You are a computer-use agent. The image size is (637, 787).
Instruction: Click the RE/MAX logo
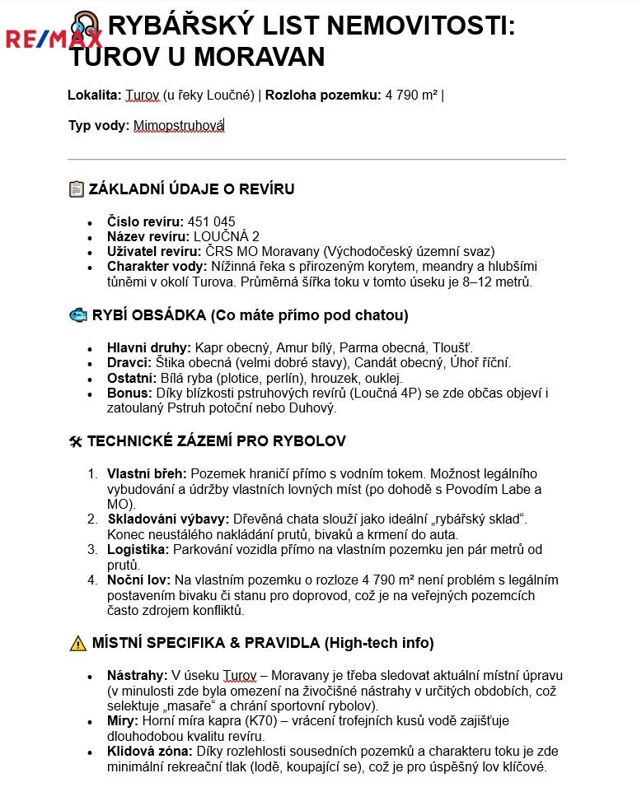[x=54, y=39]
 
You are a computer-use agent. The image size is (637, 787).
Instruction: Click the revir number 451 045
[x=212, y=222]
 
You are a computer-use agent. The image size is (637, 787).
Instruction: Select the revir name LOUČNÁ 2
[x=226, y=237]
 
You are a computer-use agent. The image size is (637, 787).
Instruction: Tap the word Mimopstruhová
[x=179, y=126]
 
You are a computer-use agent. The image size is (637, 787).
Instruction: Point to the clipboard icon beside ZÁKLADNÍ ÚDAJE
[x=77, y=189]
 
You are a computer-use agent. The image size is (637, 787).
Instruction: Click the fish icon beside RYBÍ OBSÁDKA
[x=77, y=315]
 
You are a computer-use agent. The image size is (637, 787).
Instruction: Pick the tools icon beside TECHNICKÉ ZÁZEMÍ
[x=76, y=442]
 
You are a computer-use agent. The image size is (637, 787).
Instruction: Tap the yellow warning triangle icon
[x=77, y=643]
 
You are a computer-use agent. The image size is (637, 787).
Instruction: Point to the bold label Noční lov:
[x=138, y=580]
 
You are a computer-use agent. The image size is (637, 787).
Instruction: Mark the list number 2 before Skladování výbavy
[x=92, y=519]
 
